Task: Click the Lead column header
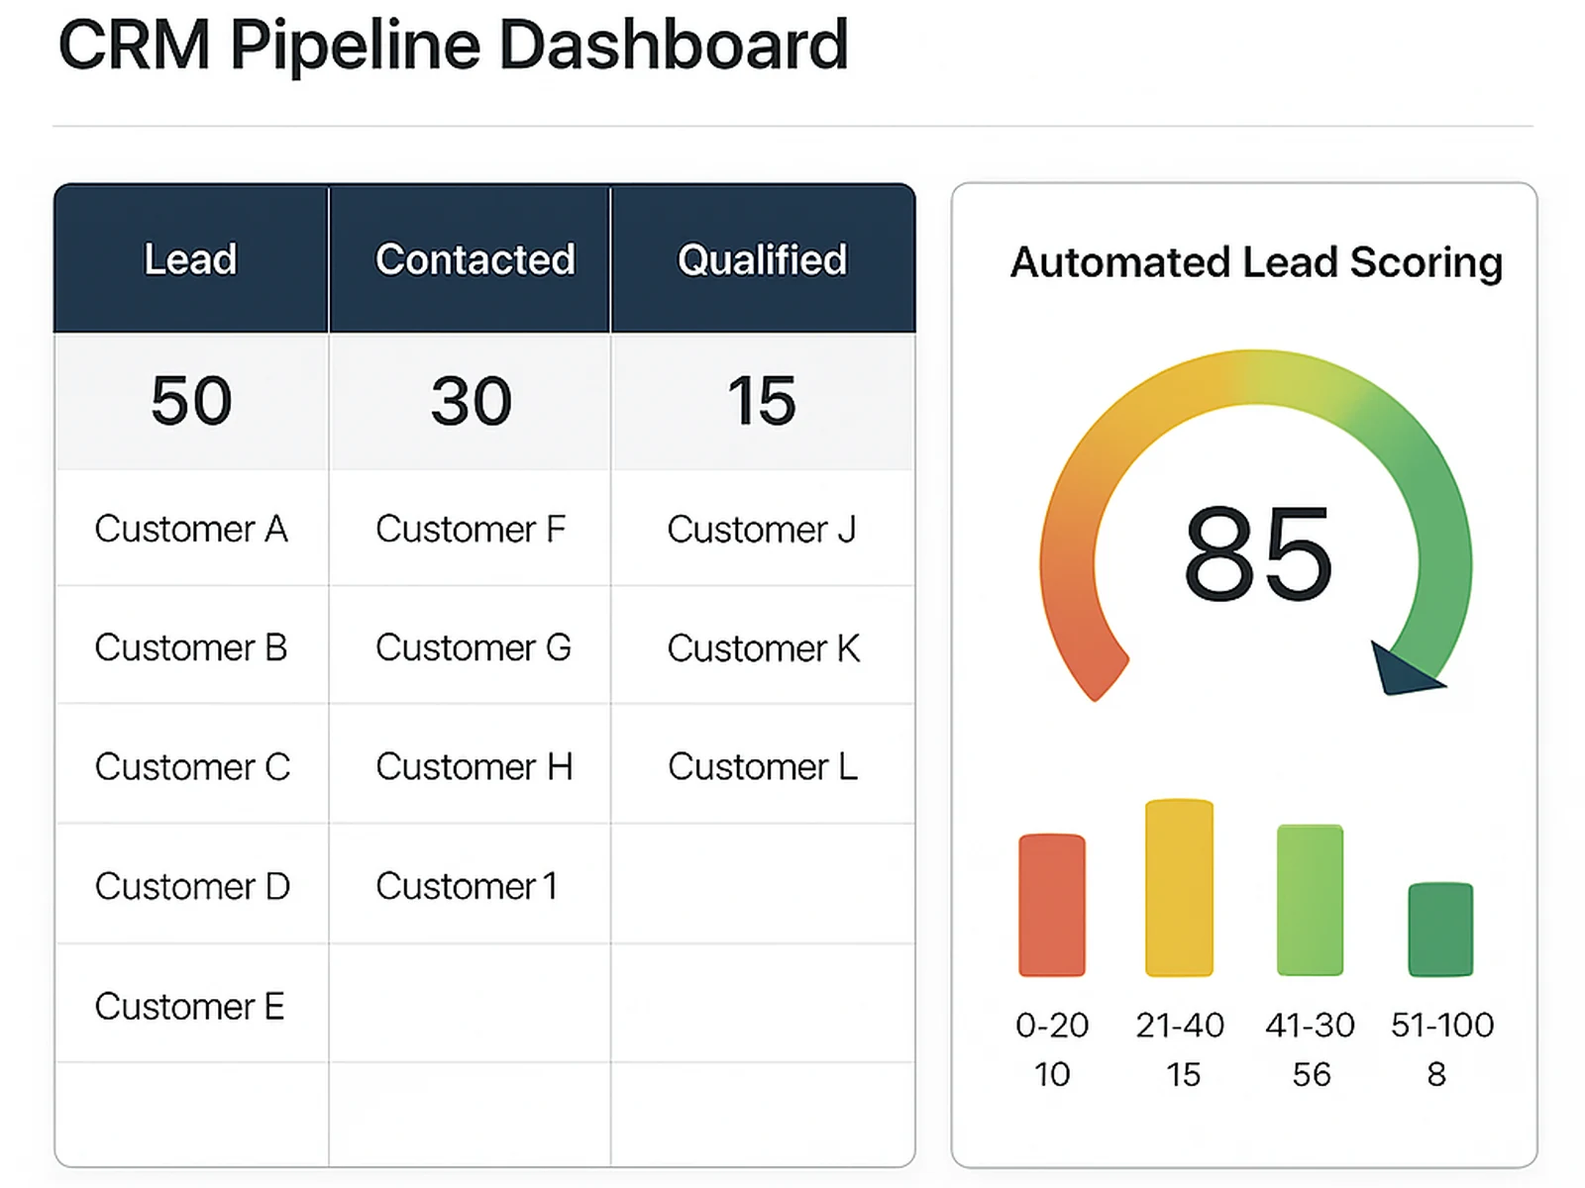[x=190, y=259]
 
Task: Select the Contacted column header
[x=475, y=259]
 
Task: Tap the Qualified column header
[x=762, y=259]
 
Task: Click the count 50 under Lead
[x=191, y=401]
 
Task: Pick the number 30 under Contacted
[x=472, y=401]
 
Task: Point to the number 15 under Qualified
[x=762, y=401]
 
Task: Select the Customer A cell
[x=191, y=529]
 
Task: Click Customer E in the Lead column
[x=189, y=1006]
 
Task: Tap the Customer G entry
[x=473, y=647]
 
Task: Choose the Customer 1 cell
[x=466, y=886]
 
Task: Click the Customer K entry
[x=763, y=648]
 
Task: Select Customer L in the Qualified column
[x=762, y=767]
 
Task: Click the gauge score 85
[x=1257, y=553]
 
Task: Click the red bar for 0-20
[x=1052, y=905]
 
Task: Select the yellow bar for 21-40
[x=1179, y=888]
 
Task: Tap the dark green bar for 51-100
[x=1440, y=929]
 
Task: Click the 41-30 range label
[x=1310, y=1025]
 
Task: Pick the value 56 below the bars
[x=1311, y=1074]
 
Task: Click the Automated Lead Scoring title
[x=1256, y=262]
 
